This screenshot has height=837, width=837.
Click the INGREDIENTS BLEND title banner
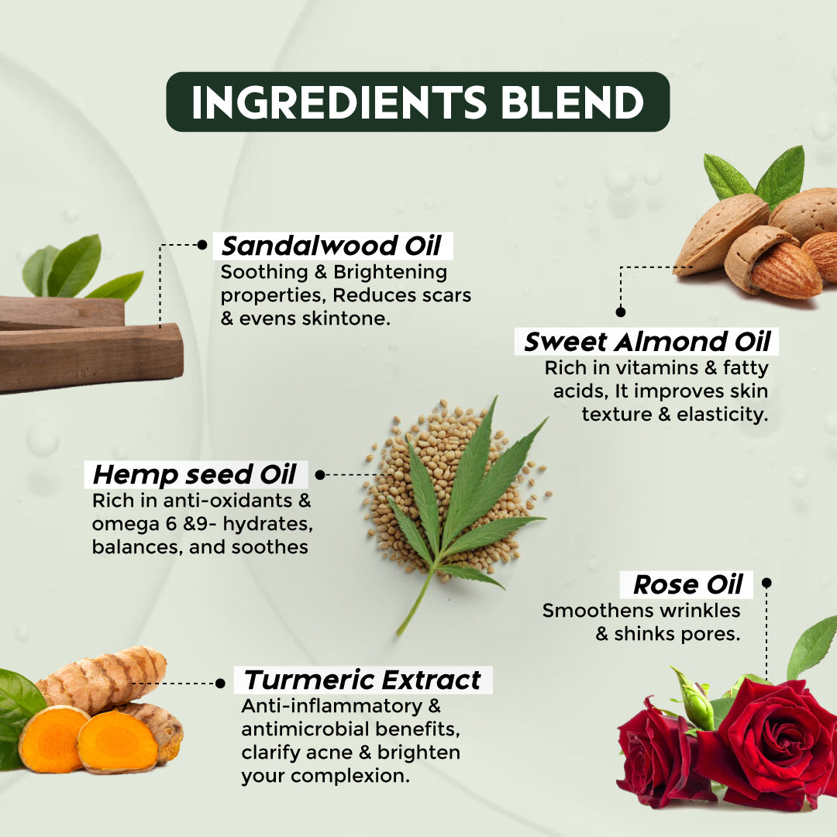pyautogui.click(x=418, y=102)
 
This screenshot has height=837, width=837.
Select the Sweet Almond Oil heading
pyautogui.click(x=646, y=342)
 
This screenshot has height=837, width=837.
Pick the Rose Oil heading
pyautogui.click(x=688, y=584)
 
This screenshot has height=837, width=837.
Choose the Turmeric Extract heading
pyautogui.click(x=362, y=680)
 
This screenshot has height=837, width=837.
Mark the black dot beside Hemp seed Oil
pyautogui.click(x=320, y=474)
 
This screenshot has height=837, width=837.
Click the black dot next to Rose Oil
pyautogui.click(x=767, y=582)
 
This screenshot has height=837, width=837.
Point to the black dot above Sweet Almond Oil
pyautogui.click(x=620, y=312)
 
